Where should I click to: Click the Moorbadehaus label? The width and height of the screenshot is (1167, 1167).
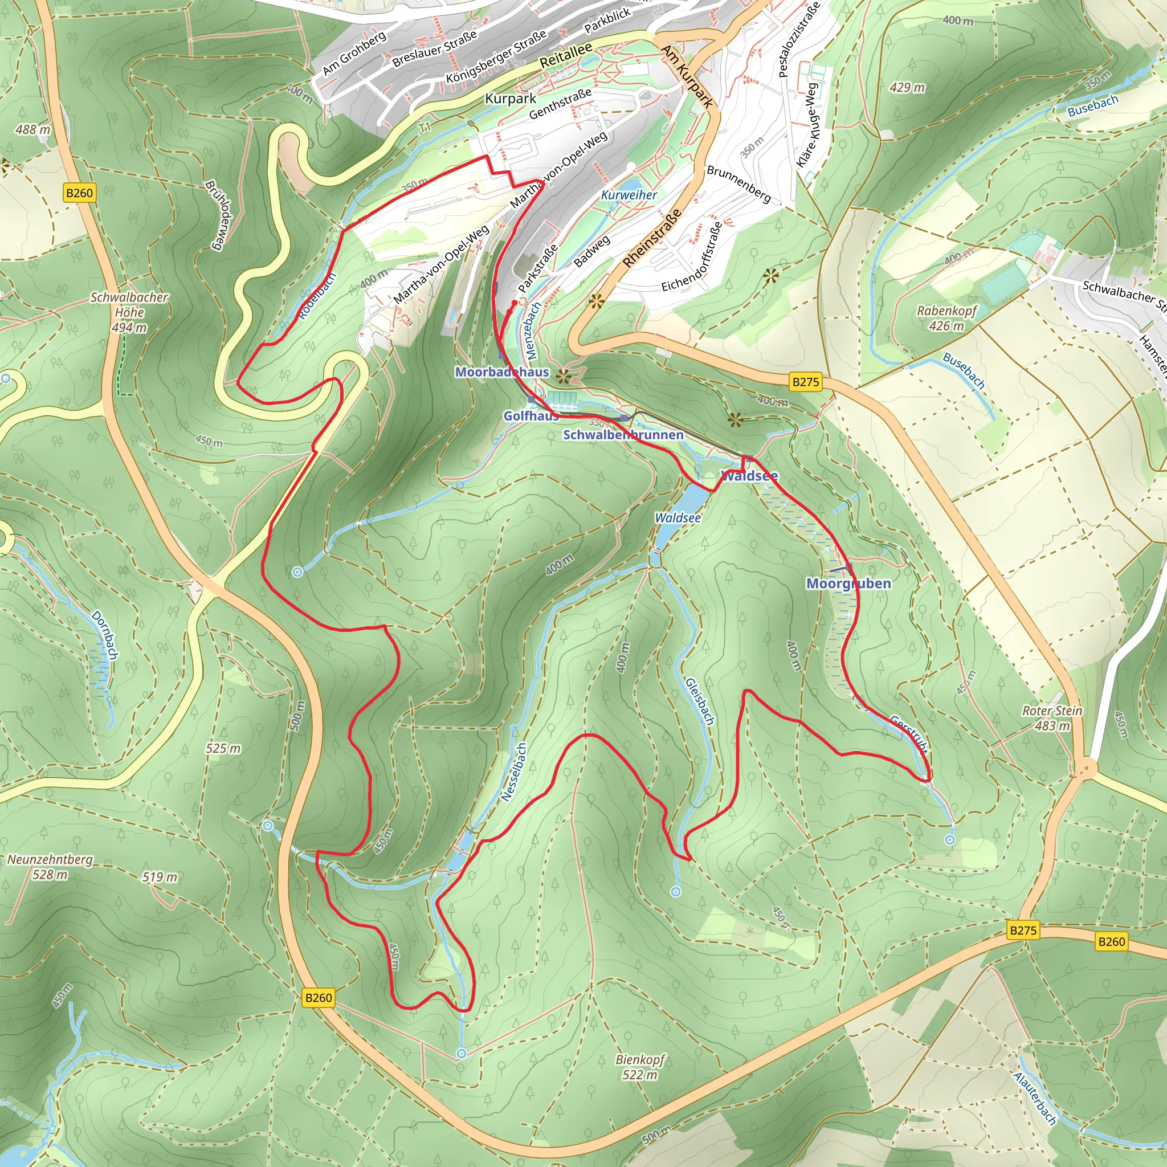pos(501,372)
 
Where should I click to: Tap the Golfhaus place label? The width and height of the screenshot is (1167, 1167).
pos(531,415)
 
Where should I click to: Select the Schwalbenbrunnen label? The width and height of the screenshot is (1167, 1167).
pos(623,434)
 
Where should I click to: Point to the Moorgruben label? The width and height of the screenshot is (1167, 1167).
pos(848,583)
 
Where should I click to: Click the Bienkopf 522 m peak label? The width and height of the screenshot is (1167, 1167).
pos(640,1067)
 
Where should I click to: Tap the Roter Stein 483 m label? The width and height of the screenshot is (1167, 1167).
pos(1052,717)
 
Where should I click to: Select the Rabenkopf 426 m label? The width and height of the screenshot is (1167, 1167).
pos(946,318)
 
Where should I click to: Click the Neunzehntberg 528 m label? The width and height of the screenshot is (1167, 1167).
pos(50,866)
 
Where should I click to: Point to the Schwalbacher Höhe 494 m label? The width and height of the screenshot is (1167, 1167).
pos(129,312)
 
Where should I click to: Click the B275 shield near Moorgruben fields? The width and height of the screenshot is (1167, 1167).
pos(805,382)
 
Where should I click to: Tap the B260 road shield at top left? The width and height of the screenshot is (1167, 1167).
pos(79,193)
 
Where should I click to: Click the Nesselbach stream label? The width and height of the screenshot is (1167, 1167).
pos(514,772)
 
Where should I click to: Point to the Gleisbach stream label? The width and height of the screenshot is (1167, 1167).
pos(700,701)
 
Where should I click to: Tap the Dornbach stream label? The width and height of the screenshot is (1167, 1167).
pos(105,635)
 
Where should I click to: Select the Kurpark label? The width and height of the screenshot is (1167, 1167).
pos(511,99)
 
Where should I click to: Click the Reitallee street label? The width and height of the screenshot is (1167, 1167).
pos(565,56)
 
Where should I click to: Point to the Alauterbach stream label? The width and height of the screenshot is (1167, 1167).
pos(1034,1098)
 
